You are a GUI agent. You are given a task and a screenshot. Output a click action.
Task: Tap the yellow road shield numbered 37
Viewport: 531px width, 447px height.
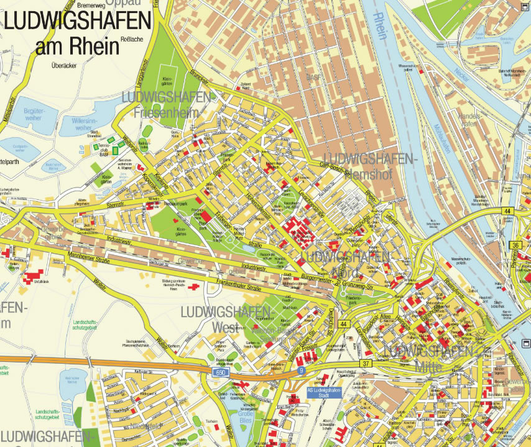[x=366, y=363]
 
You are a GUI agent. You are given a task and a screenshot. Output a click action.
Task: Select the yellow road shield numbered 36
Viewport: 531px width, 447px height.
[x=515, y=245]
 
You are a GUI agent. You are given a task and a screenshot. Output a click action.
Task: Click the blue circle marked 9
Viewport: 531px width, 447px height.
[x=301, y=371]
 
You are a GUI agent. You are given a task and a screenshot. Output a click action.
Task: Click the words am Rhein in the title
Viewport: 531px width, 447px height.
[x=77, y=46]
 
